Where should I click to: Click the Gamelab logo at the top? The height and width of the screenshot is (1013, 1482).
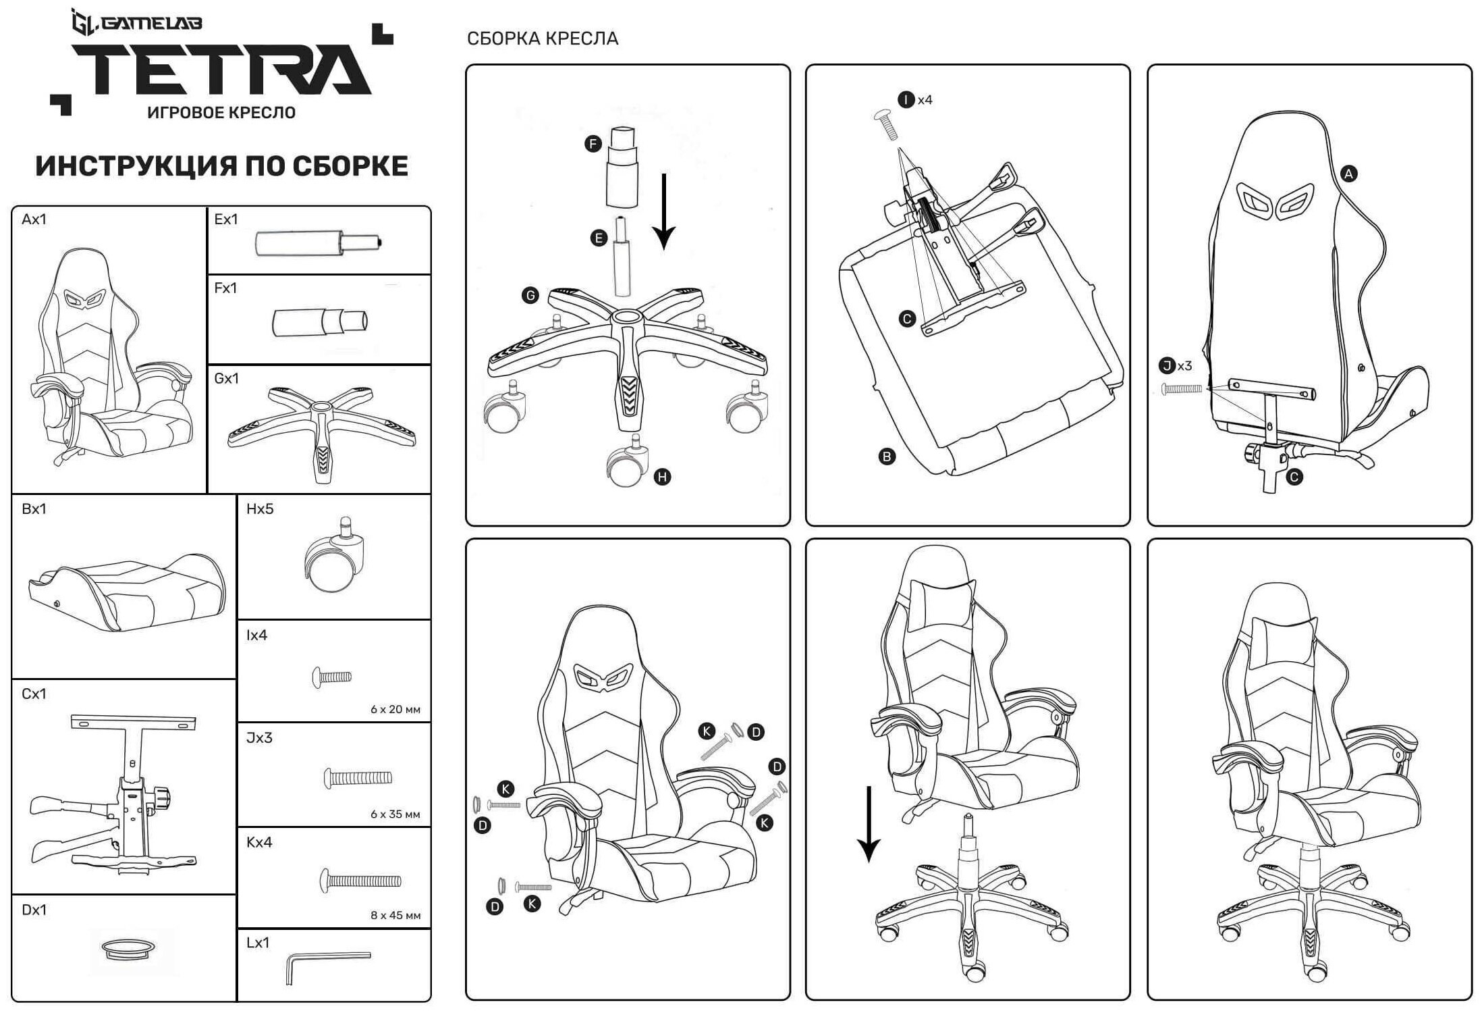137,24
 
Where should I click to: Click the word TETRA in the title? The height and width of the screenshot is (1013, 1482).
222,70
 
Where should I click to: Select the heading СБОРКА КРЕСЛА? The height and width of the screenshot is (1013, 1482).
542,38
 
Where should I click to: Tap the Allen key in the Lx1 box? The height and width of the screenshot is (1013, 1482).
328,962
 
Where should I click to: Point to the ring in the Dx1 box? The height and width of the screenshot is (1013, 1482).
128,948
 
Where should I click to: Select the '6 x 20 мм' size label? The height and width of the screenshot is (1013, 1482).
395,709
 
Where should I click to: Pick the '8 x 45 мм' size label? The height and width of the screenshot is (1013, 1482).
395,915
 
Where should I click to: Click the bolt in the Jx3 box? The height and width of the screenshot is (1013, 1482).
358,778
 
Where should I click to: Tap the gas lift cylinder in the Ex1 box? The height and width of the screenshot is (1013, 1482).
318,243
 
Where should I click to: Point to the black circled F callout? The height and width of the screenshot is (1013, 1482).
593,144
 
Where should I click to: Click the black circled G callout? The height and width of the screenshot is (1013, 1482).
530,295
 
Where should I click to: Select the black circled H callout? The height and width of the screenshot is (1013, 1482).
662,477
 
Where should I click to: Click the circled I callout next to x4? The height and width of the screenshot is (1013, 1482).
906,100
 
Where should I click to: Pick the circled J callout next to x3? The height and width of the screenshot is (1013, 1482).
1166,366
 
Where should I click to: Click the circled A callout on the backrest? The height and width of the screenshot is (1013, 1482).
1348,174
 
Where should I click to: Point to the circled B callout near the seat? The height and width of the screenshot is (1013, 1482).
887,457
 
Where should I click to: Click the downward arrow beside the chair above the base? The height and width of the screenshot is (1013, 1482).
869,824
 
